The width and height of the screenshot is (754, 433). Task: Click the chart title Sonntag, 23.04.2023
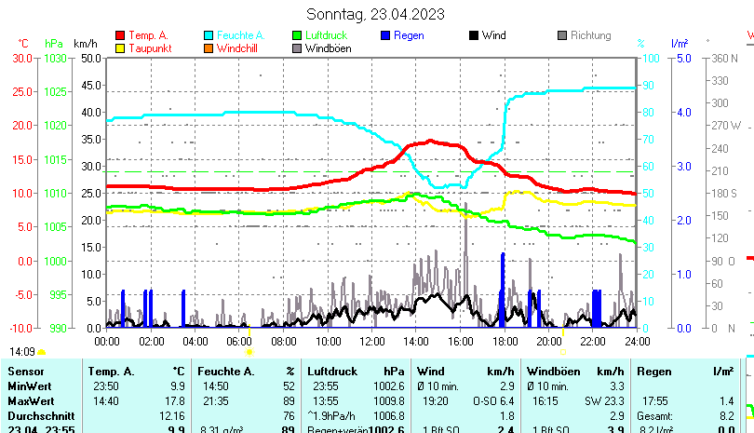pyautogui.click(x=375, y=14)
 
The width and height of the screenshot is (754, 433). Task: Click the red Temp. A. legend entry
pyautogui.click(x=147, y=35)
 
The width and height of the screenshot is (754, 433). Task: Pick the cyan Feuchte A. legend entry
pyautogui.click(x=237, y=35)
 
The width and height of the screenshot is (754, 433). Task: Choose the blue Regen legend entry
pyautogui.click(x=409, y=35)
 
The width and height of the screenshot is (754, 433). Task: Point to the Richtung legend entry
pyautogui.click(x=590, y=35)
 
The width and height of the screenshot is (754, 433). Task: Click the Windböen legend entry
pyautogui.click(x=327, y=48)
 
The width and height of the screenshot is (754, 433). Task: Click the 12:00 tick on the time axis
pyautogui.click(x=371, y=341)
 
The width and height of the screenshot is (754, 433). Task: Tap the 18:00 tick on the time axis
pyautogui.click(x=504, y=341)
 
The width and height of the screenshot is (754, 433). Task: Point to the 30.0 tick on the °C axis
pyautogui.click(x=23, y=58)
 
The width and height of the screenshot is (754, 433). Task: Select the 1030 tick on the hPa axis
pyautogui.click(x=55, y=58)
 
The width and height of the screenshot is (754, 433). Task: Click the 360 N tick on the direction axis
pyautogui.click(x=725, y=58)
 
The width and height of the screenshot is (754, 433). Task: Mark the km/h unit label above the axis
pyautogui.click(x=85, y=44)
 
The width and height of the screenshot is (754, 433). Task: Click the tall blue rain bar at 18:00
pyautogui.click(x=503, y=289)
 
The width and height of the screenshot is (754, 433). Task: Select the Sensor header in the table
pyautogui.click(x=25, y=372)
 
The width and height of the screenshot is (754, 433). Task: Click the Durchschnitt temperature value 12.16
pyautogui.click(x=172, y=415)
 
